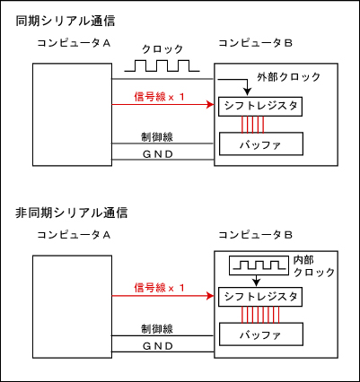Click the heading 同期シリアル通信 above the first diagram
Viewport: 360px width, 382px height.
[x=66, y=22]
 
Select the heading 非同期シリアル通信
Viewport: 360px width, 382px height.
[x=72, y=213]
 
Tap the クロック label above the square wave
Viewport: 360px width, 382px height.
[x=162, y=48]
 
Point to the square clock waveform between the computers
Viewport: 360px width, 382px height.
[x=162, y=65]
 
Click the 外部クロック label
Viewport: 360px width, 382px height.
[x=288, y=77]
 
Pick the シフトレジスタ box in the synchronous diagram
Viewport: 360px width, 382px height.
[x=260, y=107]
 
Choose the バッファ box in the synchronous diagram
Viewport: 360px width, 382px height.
[x=261, y=143]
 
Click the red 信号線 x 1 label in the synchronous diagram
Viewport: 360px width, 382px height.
[x=159, y=97]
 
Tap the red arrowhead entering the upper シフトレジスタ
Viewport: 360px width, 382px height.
[x=211, y=105]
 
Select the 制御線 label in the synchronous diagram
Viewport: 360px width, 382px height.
[x=157, y=137]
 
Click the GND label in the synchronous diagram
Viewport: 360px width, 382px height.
[x=158, y=154]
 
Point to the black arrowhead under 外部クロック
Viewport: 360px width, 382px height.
[x=247, y=91]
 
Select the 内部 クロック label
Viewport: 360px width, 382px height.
[x=313, y=266]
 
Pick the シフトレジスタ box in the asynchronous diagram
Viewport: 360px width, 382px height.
[x=260, y=297]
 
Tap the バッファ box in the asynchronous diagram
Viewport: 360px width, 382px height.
[x=261, y=334]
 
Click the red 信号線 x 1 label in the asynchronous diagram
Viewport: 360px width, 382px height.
[x=159, y=288]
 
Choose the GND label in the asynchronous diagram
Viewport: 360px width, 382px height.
[x=158, y=346]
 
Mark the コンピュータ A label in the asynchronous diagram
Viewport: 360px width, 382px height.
[x=74, y=235]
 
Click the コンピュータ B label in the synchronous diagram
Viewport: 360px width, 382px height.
[x=255, y=43]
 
